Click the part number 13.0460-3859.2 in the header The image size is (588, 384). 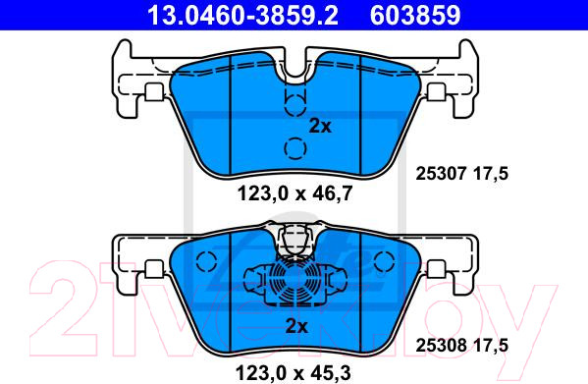243,16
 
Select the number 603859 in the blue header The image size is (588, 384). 415,16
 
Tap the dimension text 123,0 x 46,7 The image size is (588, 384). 294,193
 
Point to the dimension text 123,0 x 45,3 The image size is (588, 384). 293,373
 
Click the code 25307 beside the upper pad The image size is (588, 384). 441,174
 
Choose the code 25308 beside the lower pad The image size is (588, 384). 441,345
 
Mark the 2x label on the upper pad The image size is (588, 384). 320,127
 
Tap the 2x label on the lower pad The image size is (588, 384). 296,326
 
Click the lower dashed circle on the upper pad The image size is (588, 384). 295,148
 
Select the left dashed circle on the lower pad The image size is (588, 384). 206,261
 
